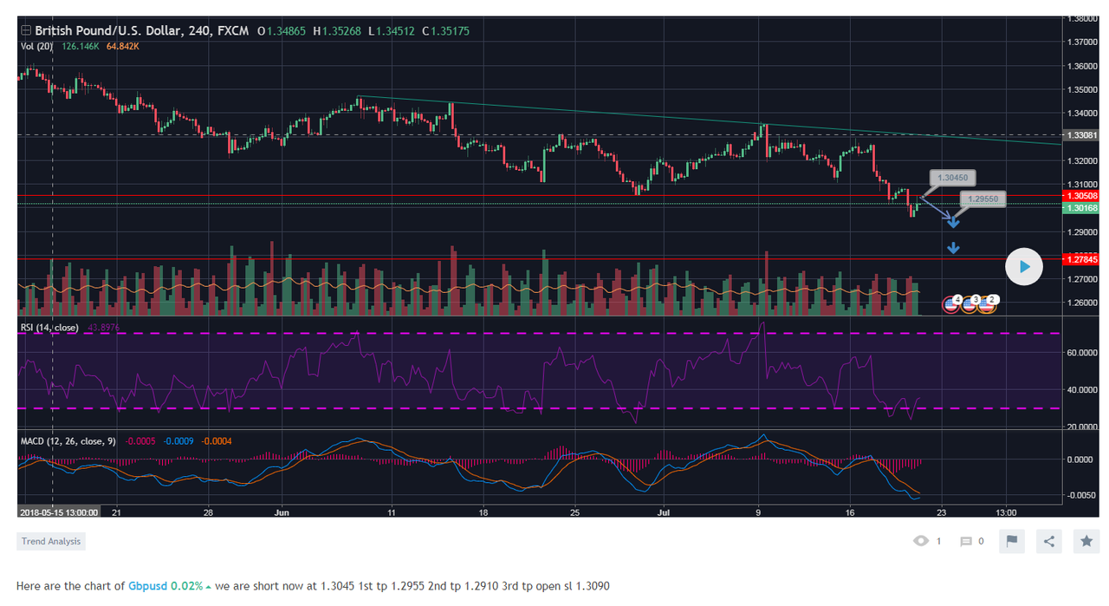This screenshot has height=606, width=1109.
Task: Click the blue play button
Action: pos(1024,267)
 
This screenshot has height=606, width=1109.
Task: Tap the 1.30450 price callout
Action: pos(952,179)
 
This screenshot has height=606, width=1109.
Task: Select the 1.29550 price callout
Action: pos(983,199)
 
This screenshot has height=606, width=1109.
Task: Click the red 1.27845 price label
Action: pos(1083,259)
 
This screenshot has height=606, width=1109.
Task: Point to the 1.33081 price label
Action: pos(1083,135)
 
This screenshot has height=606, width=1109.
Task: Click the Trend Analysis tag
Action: pos(51,542)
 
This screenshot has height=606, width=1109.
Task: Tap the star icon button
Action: pos(1086,541)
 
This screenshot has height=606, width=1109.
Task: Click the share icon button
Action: pos(1049,541)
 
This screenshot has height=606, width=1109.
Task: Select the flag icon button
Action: pos(1011,541)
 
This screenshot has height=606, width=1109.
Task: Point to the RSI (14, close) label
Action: pos(49,328)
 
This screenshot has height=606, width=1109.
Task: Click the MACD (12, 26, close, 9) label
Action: pos(68,441)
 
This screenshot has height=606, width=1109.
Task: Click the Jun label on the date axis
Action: pos(281,512)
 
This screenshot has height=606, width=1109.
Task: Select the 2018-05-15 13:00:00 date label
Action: pos(57,512)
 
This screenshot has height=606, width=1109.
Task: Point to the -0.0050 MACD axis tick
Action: pos(1083,495)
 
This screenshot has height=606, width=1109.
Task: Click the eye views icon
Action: pos(920,541)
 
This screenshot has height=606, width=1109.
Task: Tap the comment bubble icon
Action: pos(966,542)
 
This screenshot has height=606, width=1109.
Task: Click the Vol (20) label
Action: pos(36,46)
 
